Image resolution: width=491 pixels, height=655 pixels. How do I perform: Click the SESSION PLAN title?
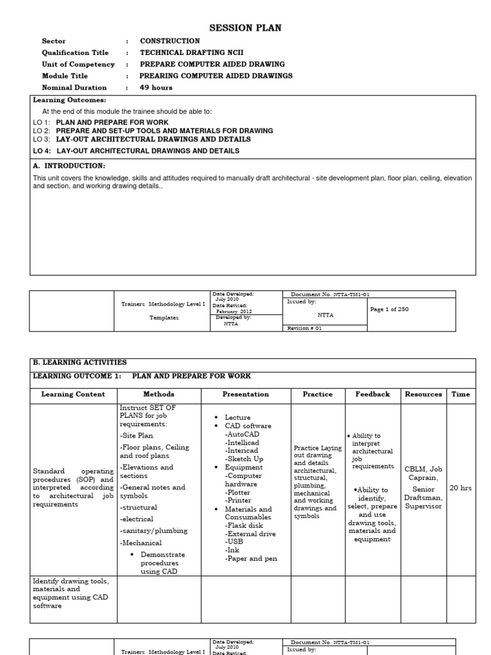click(245, 28)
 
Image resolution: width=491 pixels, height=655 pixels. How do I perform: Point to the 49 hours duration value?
click(156, 88)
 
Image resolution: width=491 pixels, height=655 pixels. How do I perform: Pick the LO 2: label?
click(42, 130)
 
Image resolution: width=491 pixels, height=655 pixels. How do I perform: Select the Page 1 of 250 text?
click(389, 309)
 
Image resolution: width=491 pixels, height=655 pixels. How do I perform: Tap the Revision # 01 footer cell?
click(306, 327)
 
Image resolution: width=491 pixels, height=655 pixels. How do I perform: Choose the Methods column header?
click(159, 395)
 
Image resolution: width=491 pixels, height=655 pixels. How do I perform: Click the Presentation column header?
click(245, 395)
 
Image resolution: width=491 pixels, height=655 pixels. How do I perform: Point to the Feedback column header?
click(372, 395)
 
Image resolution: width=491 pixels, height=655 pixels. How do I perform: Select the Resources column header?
click(423, 395)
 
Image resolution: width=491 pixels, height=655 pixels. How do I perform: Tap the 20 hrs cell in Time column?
click(460, 488)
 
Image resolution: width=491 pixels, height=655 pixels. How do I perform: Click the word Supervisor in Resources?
click(423, 506)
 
